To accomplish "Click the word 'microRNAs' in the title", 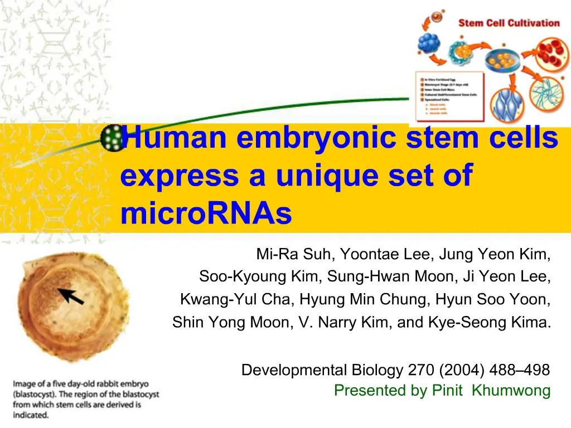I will (206, 215).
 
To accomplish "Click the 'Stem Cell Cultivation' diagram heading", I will (508, 23).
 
